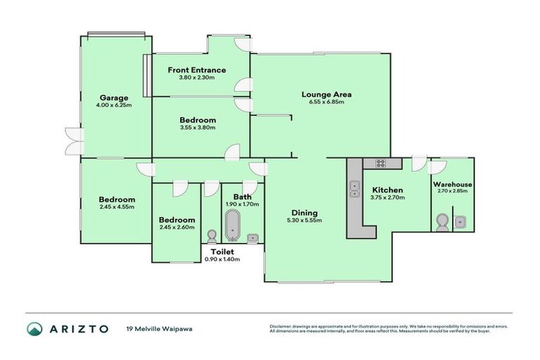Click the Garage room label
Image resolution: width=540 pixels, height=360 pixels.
click(112, 98)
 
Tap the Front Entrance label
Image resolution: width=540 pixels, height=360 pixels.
click(197, 70)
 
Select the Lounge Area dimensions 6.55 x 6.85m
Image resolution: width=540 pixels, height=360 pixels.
click(326, 103)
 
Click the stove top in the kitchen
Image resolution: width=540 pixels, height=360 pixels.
click(380, 163)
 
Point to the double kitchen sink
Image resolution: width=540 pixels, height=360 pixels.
click(355, 189)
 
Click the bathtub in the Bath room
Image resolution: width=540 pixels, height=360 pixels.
click(232, 227)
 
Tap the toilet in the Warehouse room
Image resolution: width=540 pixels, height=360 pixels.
click(442, 223)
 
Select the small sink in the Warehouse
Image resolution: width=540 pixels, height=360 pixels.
click(461, 222)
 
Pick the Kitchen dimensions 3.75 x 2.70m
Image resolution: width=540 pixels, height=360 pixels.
click(387, 198)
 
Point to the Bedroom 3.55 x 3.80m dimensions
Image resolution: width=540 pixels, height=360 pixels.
click(197, 129)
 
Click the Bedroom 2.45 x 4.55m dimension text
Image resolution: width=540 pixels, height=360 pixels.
click(117, 208)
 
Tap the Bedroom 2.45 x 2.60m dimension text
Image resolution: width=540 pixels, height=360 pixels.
click(176, 228)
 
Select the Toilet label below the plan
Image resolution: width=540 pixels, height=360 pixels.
click(221, 251)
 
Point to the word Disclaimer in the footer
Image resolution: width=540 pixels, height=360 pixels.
click(283, 326)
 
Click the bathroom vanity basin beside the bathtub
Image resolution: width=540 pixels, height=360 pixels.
click(253, 236)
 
